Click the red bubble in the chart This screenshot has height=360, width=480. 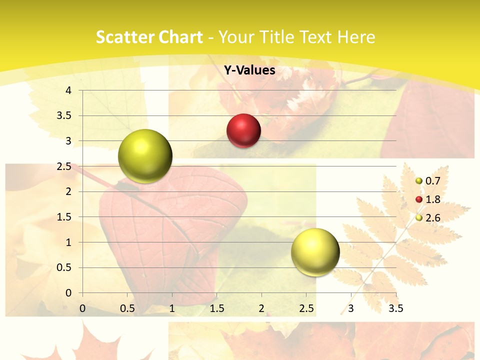[243, 131]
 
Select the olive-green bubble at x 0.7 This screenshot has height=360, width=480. [145, 156]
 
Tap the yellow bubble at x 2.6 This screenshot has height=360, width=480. [315, 252]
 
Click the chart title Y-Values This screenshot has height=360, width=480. [249, 70]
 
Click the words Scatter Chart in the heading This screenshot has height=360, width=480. [149, 37]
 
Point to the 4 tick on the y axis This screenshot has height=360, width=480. [69, 90]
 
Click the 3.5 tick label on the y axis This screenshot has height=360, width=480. [65, 116]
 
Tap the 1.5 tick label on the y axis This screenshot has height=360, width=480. [65, 217]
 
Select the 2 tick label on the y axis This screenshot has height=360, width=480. [69, 191]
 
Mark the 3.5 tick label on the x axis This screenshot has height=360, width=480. [395, 308]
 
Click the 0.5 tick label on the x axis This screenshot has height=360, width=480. [127, 308]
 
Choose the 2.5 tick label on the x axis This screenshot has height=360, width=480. [306, 308]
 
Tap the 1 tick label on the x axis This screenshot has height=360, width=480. [172, 308]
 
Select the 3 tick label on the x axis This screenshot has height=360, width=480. [351, 308]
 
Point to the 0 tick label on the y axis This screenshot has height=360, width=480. [69, 293]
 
